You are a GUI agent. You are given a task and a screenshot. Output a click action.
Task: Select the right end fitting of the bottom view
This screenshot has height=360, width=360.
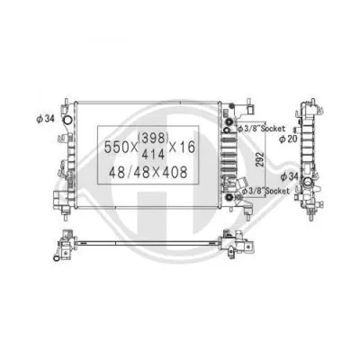coord(236,245)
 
